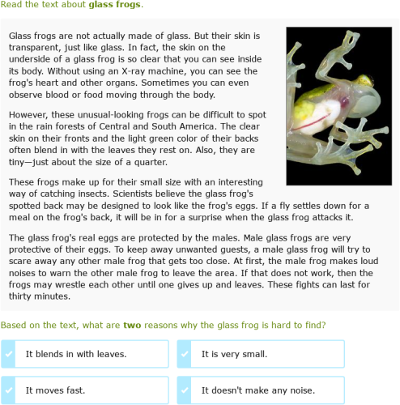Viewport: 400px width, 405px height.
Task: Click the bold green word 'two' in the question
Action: coord(132,325)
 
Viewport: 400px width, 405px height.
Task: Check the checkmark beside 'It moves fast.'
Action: coord(8,390)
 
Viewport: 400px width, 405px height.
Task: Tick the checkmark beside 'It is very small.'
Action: coord(184,354)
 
